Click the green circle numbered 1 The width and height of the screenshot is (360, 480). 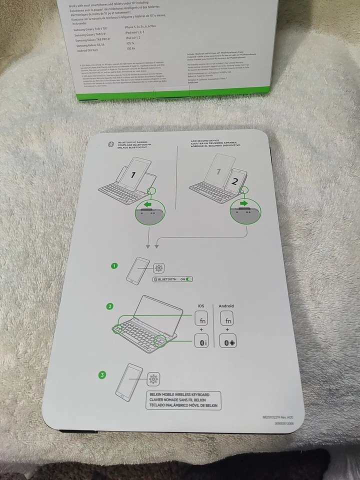point(114,266)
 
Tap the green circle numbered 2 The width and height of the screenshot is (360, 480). point(110,306)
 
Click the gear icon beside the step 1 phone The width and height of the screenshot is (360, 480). point(159,268)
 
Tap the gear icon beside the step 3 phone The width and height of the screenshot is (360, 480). point(153,379)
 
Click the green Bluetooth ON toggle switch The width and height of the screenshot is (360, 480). point(188,279)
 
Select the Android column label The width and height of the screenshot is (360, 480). point(226,305)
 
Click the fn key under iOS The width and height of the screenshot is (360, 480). point(201,320)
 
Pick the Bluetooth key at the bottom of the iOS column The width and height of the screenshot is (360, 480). point(201,342)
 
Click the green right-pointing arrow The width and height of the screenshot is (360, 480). point(244,203)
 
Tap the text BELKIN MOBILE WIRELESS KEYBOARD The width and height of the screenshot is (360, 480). point(179,394)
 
